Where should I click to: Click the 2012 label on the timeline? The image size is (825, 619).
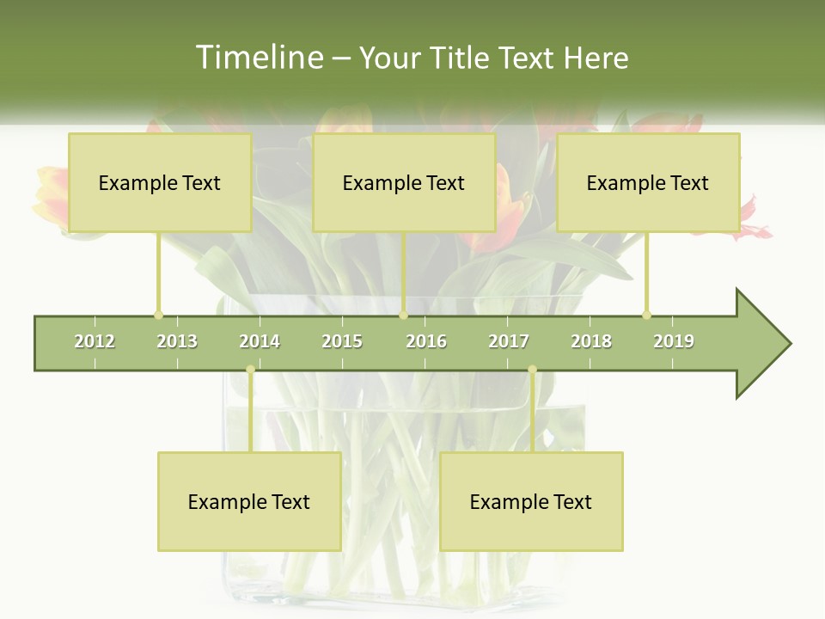pyautogui.click(x=95, y=341)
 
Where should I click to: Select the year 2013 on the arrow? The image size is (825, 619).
pyautogui.click(x=177, y=341)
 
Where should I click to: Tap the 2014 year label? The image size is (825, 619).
pyautogui.click(x=260, y=341)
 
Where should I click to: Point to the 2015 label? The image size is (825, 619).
pyautogui.click(x=342, y=341)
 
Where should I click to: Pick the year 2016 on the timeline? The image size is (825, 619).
pyautogui.click(x=426, y=341)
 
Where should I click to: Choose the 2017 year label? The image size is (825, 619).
pyautogui.click(x=509, y=341)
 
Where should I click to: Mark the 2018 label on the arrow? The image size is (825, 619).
pyautogui.click(x=591, y=341)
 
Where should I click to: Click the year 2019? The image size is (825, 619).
pyautogui.click(x=674, y=341)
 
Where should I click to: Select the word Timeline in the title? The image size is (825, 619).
pyautogui.click(x=257, y=58)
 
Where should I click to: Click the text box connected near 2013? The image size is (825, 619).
pyautogui.click(x=160, y=182)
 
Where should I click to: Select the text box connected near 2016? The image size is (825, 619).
pyautogui.click(x=404, y=182)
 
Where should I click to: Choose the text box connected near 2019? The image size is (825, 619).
pyautogui.click(x=648, y=182)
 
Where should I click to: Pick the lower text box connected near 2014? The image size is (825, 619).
pyautogui.click(x=249, y=501)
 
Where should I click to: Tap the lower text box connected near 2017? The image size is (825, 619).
pyautogui.click(x=531, y=501)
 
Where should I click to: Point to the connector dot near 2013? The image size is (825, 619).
pyautogui.click(x=158, y=315)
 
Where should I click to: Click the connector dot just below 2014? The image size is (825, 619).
pyautogui.click(x=250, y=370)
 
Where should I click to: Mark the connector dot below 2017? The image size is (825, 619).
pyautogui.click(x=532, y=370)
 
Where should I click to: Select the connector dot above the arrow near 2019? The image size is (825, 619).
pyautogui.click(x=646, y=315)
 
